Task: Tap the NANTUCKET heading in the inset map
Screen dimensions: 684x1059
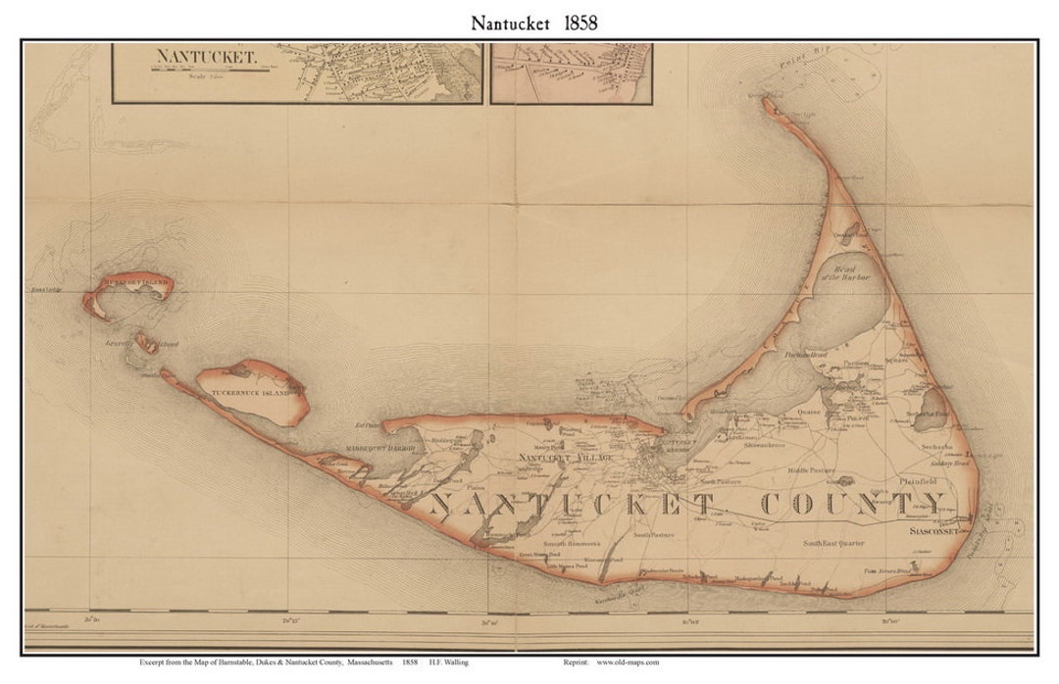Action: point(205,56)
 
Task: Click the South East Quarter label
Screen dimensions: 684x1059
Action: point(833,542)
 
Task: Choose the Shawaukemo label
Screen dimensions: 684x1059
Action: point(764,444)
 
